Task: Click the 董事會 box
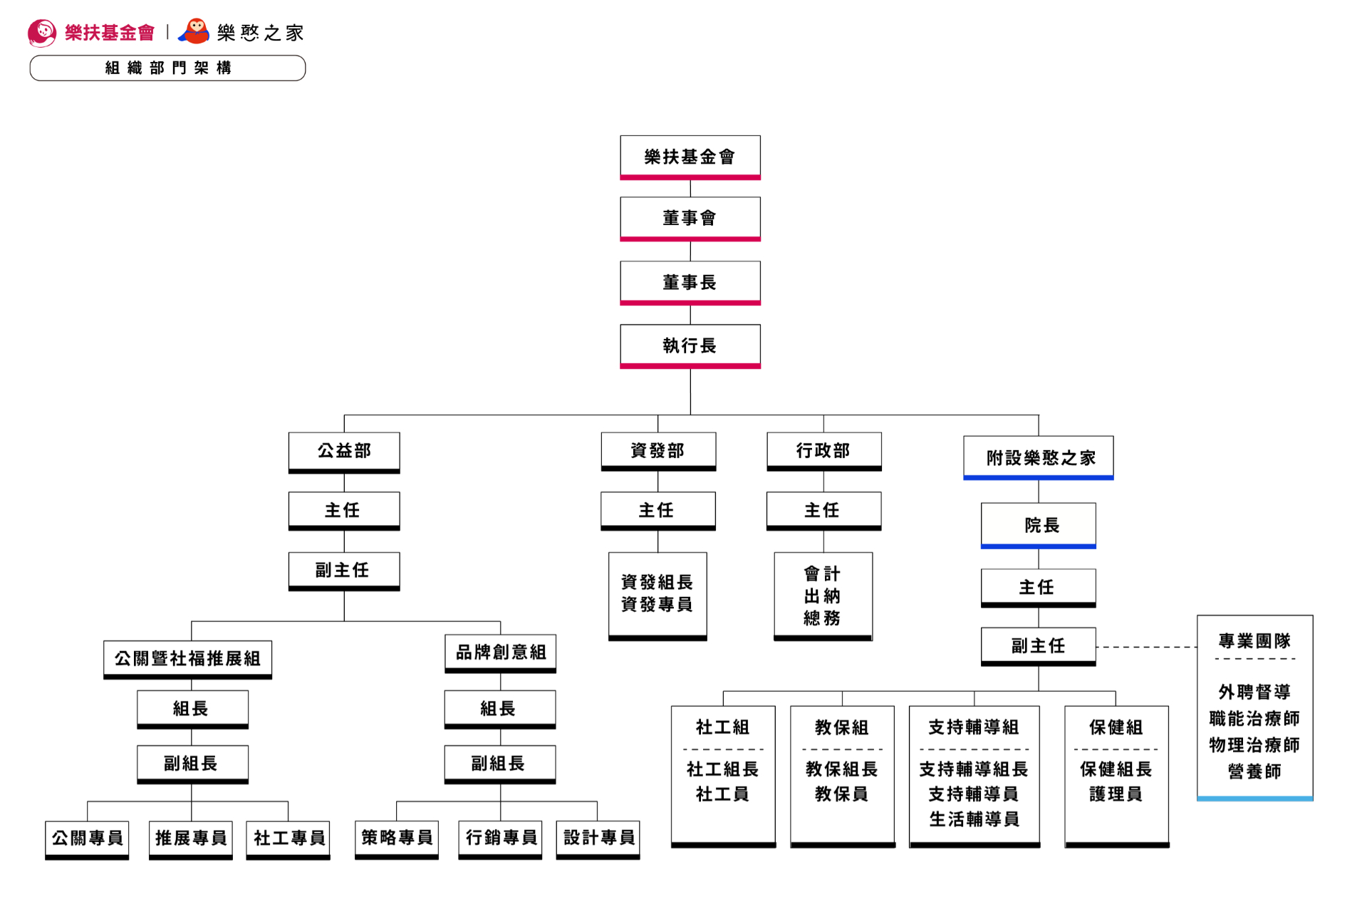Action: (690, 219)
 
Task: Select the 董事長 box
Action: (690, 283)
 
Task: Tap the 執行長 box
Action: (690, 346)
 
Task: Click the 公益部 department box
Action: (344, 452)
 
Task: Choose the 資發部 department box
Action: (658, 451)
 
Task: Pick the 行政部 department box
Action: (823, 451)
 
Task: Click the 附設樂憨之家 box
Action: (1038, 457)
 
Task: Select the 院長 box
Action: (1038, 526)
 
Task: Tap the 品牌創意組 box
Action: (500, 653)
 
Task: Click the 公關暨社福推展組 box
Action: (187, 659)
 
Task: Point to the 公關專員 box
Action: (87, 839)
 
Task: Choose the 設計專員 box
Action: (598, 839)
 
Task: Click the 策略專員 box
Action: (397, 839)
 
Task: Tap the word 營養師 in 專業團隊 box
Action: (1254, 772)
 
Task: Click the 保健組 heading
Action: (1116, 727)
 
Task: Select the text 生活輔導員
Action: (974, 819)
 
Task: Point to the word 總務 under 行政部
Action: (822, 618)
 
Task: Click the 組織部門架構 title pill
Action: (167, 68)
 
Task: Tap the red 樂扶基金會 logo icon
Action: (42, 33)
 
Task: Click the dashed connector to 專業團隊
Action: (1147, 647)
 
